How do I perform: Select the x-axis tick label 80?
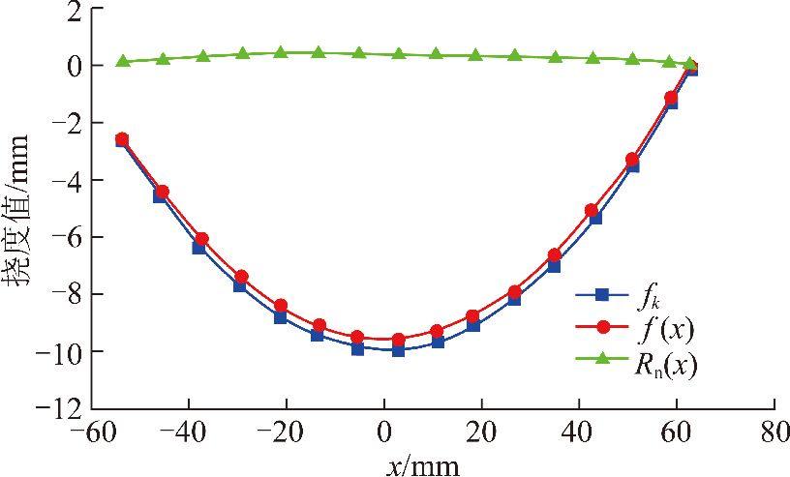click(773, 431)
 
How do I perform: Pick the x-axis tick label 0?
click(384, 431)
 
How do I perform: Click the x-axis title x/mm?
click(423, 463)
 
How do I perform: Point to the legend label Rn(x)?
click(665, 364)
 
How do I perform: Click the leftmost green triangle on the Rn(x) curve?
click(123, 61)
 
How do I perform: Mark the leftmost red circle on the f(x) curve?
click(122, 138)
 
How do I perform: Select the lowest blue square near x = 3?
click(398, 350)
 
